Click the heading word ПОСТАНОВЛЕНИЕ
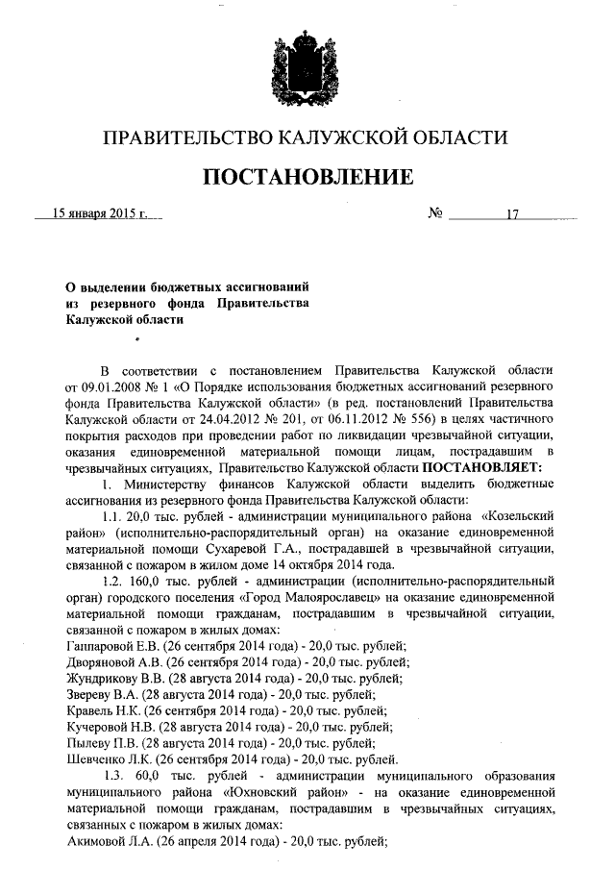(307, 178)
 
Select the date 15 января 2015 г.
(99, 213)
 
